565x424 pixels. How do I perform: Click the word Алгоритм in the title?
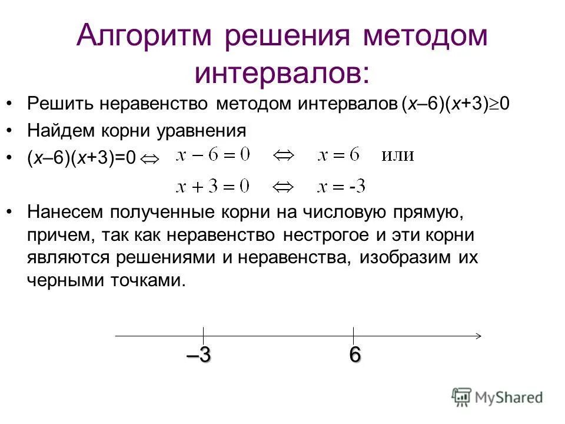tap(150, 37)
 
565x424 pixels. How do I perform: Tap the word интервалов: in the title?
tap(282, 72)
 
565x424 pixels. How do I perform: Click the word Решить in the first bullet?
tap(59, 104)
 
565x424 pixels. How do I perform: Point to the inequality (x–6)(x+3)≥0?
tap(456, 104)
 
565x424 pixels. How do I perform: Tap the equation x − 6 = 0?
tap(212, 155)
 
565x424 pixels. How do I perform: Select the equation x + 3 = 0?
tap(212, 187)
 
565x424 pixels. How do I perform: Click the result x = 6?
tap(338, 155)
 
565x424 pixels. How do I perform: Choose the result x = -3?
tap(341, 187)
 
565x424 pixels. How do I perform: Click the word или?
tap(398, 156)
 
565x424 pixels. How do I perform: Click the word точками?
tap(150, 280)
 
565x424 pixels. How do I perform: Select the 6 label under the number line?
tap(354, 356)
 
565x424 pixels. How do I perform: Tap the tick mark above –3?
tap(203, 335)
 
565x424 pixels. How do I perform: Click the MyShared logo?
tap(498, 397)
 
